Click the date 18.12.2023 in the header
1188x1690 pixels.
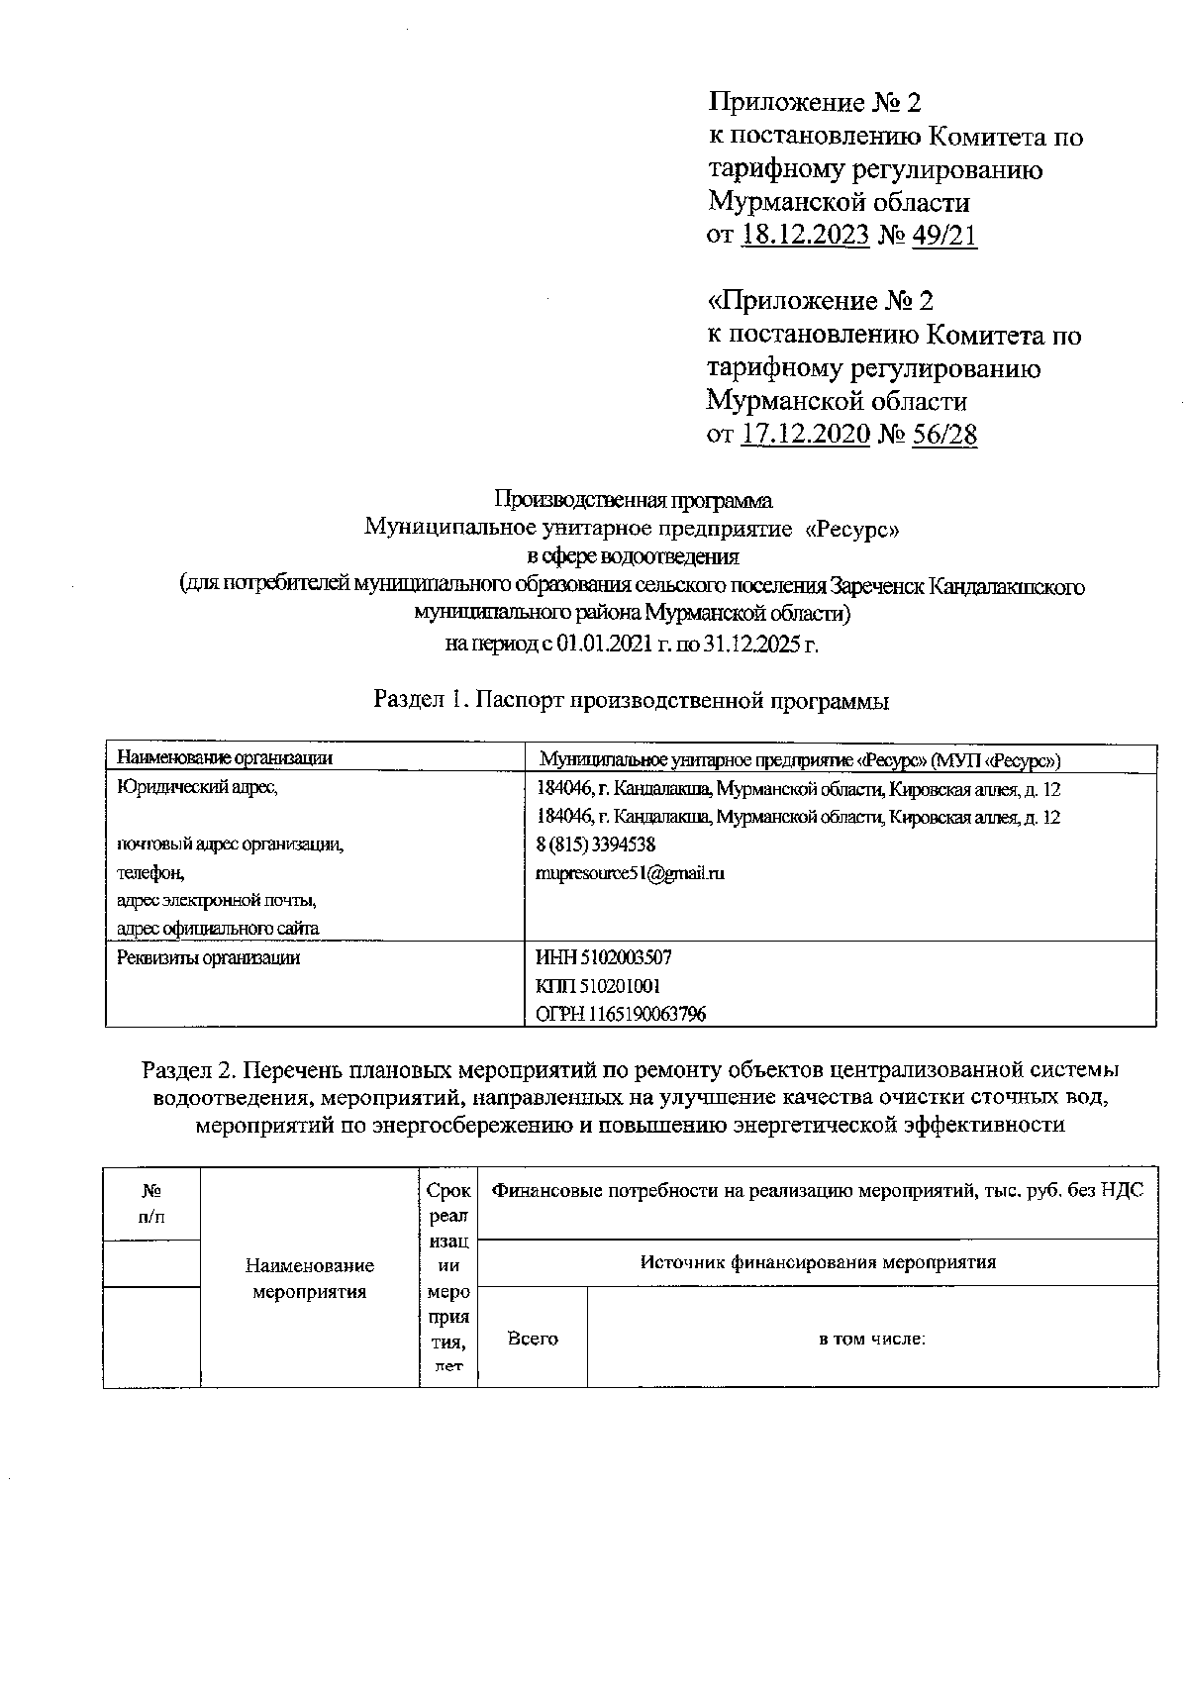804,235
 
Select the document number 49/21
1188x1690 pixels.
943,235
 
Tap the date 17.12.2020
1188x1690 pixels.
804,434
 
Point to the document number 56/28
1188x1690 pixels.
943,434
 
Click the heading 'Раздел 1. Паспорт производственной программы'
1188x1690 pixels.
631,701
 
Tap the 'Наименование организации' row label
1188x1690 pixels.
225,758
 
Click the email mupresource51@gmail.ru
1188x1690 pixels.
630,873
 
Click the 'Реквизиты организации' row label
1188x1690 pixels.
208,957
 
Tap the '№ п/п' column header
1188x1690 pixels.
151,1203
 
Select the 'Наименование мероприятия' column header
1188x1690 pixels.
310,1278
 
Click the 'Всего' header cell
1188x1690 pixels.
533,1339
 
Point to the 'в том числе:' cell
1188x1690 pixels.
871,1339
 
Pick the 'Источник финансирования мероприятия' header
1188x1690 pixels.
818,1262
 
